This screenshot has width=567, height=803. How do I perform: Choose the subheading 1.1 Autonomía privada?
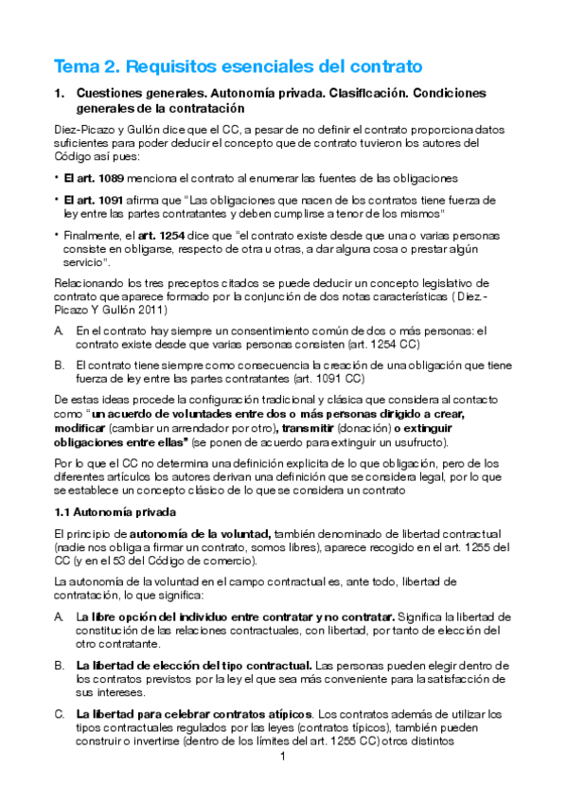113,512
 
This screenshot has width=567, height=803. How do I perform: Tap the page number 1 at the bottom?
283,758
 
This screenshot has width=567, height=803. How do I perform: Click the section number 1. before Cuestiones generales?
60,94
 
